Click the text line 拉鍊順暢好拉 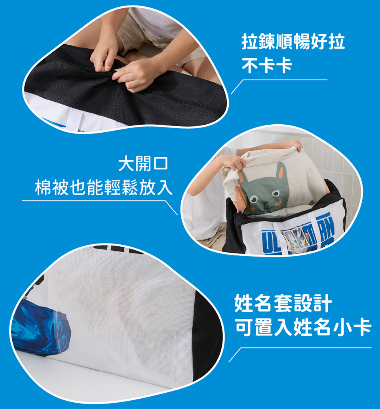293,42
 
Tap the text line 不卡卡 266,65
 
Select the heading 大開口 143,164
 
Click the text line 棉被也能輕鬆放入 104,187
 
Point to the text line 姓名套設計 283,303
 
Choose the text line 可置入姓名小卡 303,327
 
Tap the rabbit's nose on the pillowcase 266,203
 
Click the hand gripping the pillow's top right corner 296,146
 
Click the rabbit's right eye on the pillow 275,193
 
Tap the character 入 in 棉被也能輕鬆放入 165,187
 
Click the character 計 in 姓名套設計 323,303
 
